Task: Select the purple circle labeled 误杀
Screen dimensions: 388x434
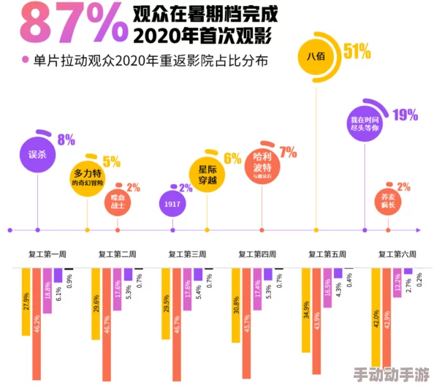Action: coord(37,154)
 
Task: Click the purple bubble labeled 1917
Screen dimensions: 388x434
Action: coord(172,205)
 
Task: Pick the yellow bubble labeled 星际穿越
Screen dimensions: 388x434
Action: coord(207,174)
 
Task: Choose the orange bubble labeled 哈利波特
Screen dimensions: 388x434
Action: coord(262,167)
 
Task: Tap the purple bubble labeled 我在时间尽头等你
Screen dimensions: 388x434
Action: coord(365,123)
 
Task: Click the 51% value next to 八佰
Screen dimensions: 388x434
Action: coord(357,51)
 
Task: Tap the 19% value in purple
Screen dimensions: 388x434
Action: coord(405,115)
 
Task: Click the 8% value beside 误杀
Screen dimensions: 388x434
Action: coord(66,140)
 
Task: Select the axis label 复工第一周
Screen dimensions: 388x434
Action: coord(47,254)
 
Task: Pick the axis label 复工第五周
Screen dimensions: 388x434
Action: coord(327,254)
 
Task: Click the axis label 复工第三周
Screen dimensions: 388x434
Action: coord(187,254)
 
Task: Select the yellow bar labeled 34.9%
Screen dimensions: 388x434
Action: coord(305,308)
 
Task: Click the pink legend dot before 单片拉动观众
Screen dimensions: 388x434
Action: coord(25,61)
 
